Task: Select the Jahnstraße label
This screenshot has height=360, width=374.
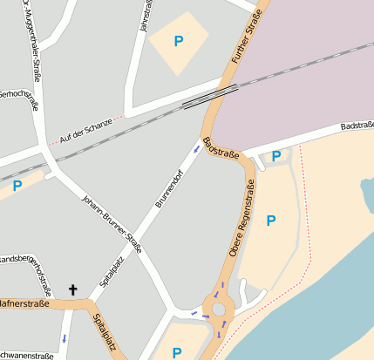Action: [144, 17]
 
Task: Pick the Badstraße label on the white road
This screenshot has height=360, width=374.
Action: [357, 126]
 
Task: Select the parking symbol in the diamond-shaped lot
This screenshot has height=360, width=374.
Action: [179, 40]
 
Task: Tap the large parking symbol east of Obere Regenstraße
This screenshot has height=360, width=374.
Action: [270, 221]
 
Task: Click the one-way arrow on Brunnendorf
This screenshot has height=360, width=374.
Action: [197, 149]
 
